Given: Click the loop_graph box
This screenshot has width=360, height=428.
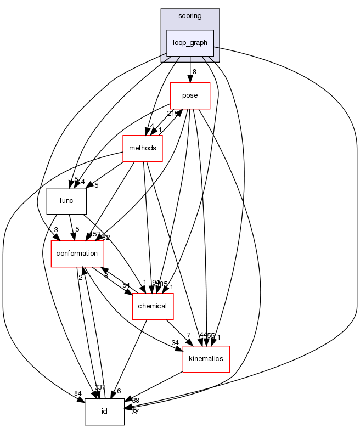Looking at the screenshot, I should [x=190, y=42].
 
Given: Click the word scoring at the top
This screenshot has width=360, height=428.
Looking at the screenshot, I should [x=190, y=16].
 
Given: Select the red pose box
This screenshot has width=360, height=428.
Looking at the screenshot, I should [x=190, y=95].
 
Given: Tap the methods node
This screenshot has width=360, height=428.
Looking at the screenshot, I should [x=143, y=148].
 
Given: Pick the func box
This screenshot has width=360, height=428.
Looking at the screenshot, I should [x=66, y=201].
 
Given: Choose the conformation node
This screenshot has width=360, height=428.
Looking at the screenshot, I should [x=77, y=254].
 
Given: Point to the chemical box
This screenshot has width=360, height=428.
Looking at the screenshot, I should [x=153, y=306].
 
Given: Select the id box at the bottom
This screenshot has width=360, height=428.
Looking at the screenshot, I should [x=104, y=411].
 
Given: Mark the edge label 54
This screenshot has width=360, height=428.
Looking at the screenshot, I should [x=126, y=285].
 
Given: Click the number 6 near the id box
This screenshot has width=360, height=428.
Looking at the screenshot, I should [x=119, y=392].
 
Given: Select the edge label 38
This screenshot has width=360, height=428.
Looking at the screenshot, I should [x=136, y=401].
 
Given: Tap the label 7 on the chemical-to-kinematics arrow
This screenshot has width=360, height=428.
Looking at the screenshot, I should [x=188, y=335].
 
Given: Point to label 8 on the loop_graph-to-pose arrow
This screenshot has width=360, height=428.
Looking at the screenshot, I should [x=194, y=71].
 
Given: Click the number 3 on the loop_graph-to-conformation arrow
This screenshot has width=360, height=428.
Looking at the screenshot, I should [x=56, y=229].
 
